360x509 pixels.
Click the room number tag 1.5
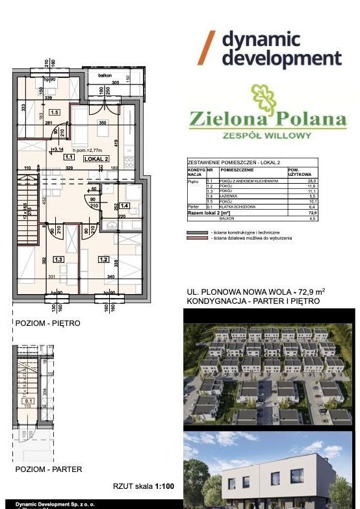point(55,112)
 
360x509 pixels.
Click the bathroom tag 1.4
point(125,206)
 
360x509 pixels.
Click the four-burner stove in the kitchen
point(129,162)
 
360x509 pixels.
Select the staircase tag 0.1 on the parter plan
point(28,401)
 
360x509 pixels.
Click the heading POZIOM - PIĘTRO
point(47,323)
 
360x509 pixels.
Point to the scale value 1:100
point(163,485)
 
